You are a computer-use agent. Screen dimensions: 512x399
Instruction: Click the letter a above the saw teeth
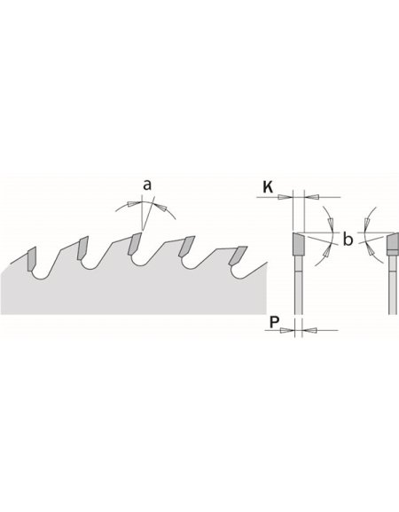[146, 185]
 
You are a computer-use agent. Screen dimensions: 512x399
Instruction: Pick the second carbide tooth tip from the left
[82, 247]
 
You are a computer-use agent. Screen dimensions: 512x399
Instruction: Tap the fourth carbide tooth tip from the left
[185, 246]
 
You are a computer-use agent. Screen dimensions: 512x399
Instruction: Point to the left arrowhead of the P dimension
[287, 329]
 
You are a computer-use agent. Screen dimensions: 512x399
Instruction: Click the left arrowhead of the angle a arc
[130, 203]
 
